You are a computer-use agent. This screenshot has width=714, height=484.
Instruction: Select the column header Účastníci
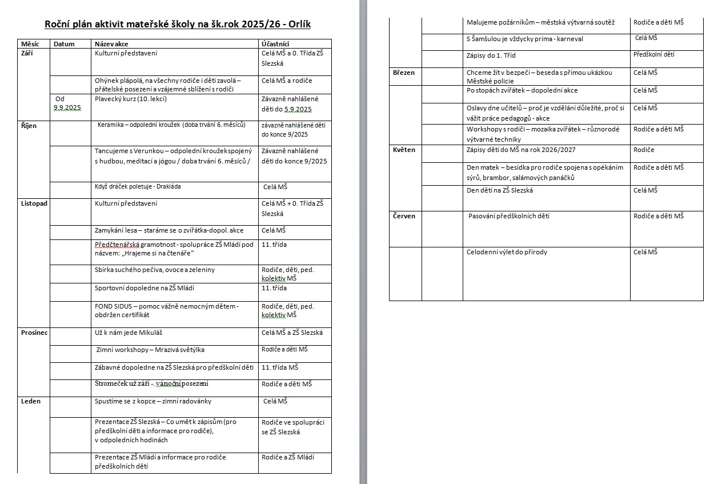275,43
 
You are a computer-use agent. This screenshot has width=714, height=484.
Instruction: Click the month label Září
28,53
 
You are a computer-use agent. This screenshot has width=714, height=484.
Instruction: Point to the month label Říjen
29,126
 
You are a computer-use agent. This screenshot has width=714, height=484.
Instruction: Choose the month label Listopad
34,203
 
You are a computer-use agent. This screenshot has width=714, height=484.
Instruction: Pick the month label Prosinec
35,333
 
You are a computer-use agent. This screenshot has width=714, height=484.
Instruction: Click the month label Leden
31,401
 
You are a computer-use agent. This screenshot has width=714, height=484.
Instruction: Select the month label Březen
404,73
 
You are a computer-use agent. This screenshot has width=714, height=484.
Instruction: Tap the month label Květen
404,150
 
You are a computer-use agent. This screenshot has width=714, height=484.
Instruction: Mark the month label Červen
404,216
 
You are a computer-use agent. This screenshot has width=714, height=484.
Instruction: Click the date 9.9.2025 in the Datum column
67,108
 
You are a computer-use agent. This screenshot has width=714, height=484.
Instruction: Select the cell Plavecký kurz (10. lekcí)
131,99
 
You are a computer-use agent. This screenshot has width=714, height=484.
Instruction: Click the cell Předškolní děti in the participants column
653,55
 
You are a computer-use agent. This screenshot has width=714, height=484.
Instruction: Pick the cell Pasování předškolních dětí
509,216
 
